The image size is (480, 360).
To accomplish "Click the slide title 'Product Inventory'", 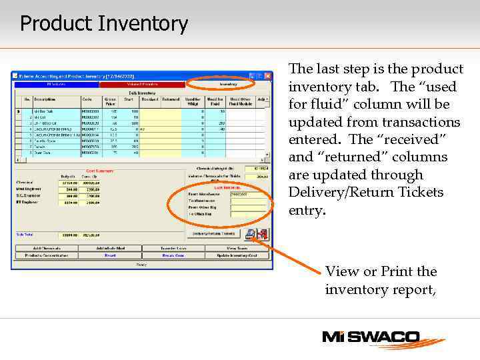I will [104, 24].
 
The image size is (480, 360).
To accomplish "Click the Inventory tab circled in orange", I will [229, 85].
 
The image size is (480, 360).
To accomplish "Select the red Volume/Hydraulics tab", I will [142, 85].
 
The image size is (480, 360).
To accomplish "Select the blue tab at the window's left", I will [56, 85].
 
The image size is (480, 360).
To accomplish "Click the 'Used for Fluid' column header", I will [215, 101].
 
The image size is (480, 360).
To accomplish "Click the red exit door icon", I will [261, 234].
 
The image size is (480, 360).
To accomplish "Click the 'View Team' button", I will [237, 248].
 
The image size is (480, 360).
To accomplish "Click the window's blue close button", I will [267, 76].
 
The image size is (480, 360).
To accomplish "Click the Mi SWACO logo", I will [380, 339].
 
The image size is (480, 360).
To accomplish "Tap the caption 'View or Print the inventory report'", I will [381, 281].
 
